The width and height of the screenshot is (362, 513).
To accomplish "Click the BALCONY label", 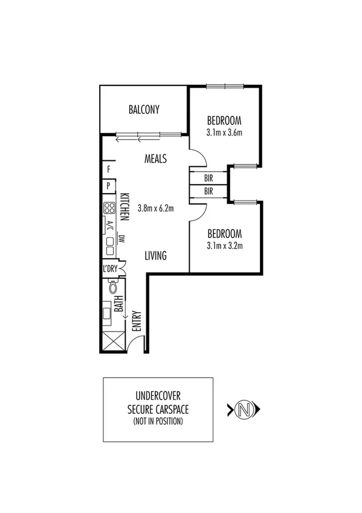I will pos(144,109).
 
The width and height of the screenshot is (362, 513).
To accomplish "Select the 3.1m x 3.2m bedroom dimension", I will pos(224,246).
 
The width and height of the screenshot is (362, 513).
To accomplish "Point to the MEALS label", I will pos(156,159).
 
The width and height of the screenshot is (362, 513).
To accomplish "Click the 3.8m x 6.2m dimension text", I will pos(156,209).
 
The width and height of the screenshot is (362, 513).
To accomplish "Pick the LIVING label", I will pos(155,256).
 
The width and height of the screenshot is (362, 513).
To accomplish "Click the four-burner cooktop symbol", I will pos(109,208).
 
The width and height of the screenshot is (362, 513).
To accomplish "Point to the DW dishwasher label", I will pos(121,238).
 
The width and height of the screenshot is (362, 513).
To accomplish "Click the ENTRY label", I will pos(137,321).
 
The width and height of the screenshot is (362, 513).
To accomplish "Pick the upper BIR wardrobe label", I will pos(208,179).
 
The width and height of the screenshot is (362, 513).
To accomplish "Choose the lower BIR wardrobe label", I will pos(208,191).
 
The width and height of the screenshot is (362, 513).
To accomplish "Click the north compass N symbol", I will pos(244,410).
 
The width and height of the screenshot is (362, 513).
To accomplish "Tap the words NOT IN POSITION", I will pos(158,420).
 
